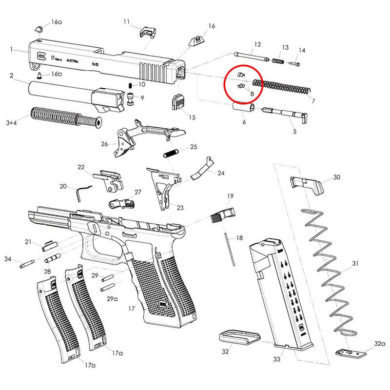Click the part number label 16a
(57, 22)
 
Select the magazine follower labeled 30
(306, 183)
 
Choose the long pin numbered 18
(229, 249)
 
